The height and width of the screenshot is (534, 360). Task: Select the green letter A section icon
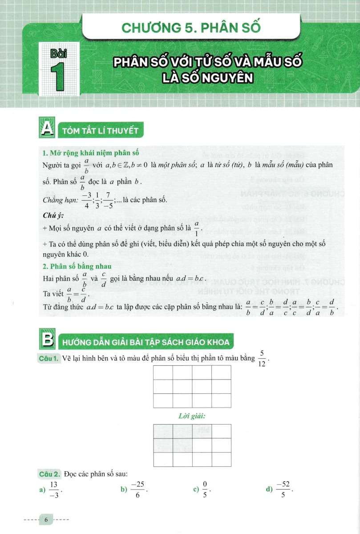pyautogui.click(x=47, y=130)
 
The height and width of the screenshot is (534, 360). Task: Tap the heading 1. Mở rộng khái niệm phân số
pyautogui.click(x=81, y=154)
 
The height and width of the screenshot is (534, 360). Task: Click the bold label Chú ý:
pyautogui.click(x=53, y=216)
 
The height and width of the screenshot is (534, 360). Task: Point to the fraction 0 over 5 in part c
pyautogui.click(x=205, y=490)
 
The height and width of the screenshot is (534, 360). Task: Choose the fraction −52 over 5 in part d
pyautogui.click(x=284, y=490)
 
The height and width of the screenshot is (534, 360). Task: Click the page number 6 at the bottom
pyautogui.click(x=46, y=519)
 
